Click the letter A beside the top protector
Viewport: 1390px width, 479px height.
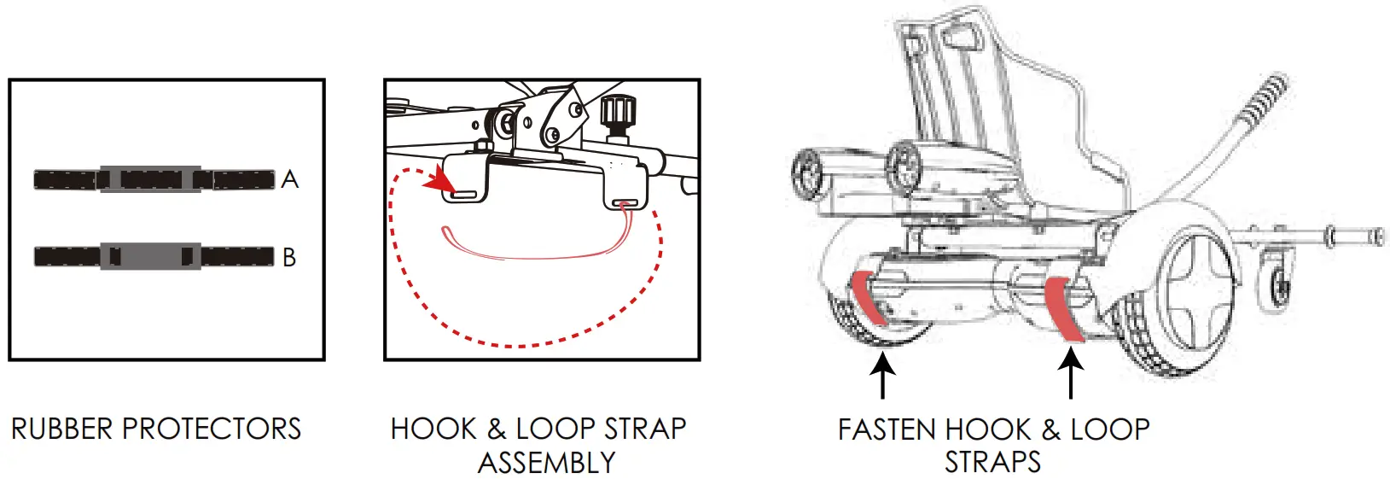pos(290,179)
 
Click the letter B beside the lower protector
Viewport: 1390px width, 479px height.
pos(289,257)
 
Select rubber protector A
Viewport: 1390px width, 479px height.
pos(154,179)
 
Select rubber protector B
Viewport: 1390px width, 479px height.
pos(154,256)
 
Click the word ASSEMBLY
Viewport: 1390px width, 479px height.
pos(546,463)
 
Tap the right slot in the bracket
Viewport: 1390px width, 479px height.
pos(626,204)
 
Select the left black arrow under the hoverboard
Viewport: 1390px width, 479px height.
pos(882,376)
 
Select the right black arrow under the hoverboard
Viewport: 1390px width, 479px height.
pos(1071,376)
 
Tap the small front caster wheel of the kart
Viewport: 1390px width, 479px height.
pos(1277,283)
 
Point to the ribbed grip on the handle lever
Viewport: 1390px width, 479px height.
pos(1265,99)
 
